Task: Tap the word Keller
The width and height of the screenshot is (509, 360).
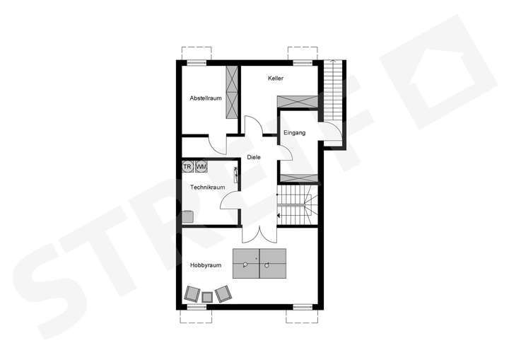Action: coord(276,79)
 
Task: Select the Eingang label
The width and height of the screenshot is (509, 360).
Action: coord(294,132)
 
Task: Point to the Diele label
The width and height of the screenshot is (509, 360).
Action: coord(255,158)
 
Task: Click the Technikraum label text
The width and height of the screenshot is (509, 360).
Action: coord(208,187)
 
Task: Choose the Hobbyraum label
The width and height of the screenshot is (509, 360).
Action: coord(206,265)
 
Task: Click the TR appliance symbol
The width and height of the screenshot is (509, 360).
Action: coord(187,167)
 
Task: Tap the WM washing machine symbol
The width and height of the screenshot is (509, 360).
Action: coord(201,167)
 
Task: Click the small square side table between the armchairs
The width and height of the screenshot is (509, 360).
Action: coord(207,296)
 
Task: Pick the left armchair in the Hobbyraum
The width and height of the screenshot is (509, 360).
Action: coord(192,294)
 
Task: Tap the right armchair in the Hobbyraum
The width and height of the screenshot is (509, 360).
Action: coord(223,293)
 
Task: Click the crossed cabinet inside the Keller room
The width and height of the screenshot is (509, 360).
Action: coord(296,100)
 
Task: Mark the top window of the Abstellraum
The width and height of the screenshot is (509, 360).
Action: coord(197,62)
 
